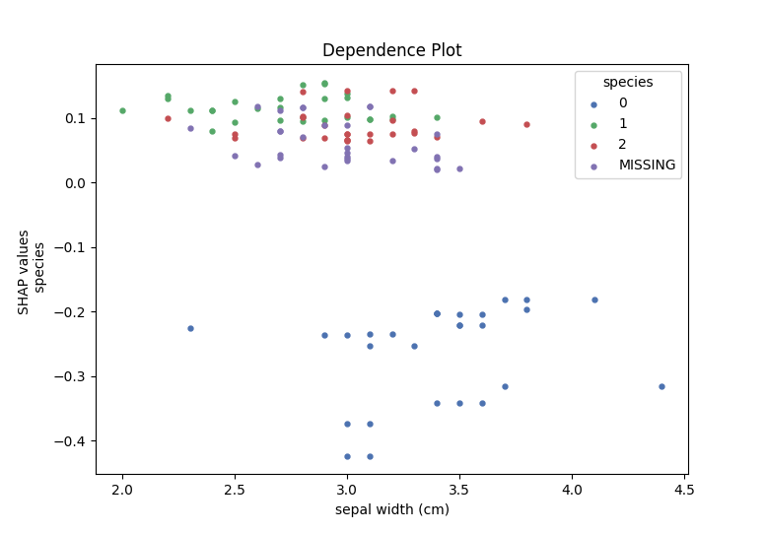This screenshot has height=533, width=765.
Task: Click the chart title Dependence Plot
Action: (x=391, y=50)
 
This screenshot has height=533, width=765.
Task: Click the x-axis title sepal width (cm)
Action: (x=391, y=509)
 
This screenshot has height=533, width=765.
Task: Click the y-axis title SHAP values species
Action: (x=33, y=272)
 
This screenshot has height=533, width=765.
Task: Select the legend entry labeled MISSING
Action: (x=647, y=166)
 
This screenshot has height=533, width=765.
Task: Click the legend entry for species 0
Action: (x=622, y=103)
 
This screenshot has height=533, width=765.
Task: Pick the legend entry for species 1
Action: (x=622, y=124)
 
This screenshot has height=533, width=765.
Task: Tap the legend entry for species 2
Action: (x=622, y=145)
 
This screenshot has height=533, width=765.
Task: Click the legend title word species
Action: (x=628, y=82)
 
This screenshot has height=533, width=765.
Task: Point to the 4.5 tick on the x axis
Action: (x=684, y=490)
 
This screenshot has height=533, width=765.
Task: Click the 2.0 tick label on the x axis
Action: (x=123, y=490)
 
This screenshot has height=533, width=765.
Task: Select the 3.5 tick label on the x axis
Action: (x=459, y=490)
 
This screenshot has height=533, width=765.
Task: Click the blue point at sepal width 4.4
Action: (x=661, y=386)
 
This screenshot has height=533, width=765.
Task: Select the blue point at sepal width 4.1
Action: (x=594, y=300)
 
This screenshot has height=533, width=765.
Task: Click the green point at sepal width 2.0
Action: (x=122, y=110)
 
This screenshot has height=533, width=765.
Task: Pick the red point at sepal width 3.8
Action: (x=526, y=124)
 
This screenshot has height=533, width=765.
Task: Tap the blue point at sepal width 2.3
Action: (x=190, y=328)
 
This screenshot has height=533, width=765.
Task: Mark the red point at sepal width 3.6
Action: (x=482, y=121)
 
